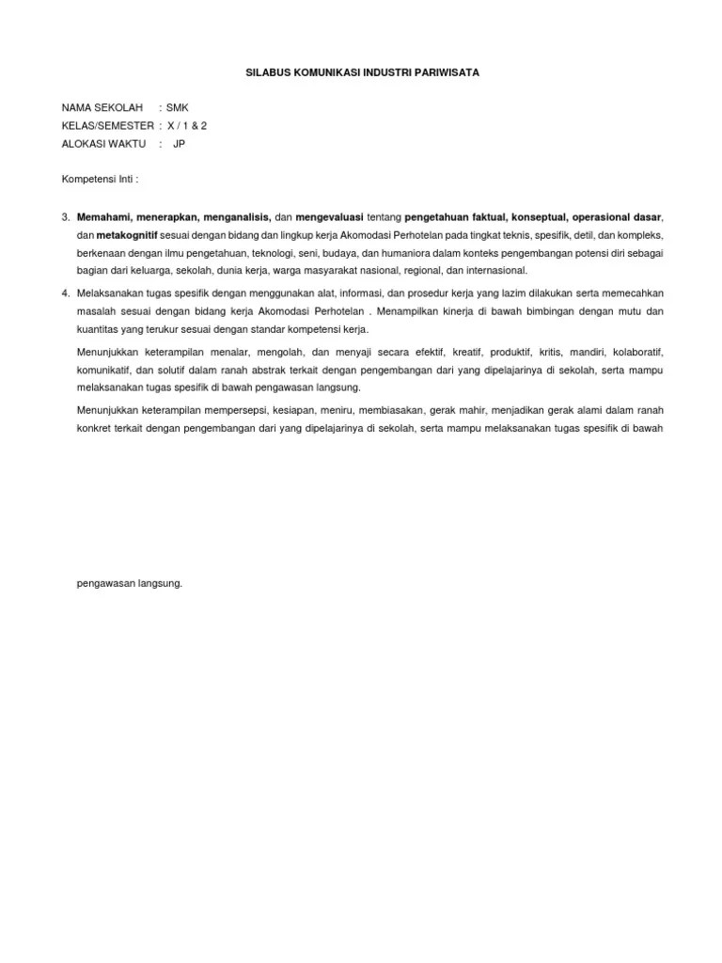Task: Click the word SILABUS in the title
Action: (267, 72)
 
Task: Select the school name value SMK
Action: (178, 108)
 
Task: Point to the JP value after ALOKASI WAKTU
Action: (180, 144)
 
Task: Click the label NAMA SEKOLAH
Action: (102, 108)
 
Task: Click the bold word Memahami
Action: (103, 216)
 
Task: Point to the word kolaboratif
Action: (637, 352)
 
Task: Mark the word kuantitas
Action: (99, 329)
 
